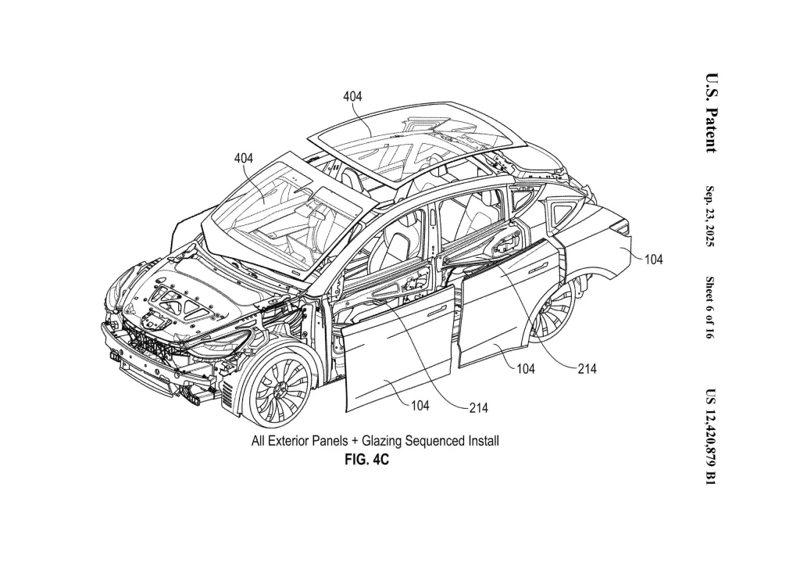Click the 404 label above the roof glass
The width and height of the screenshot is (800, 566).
click(x=352, y=96)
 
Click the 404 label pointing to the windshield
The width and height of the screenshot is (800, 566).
click(x=244, y=158)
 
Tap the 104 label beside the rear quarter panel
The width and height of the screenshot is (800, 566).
click(x=654, y=260)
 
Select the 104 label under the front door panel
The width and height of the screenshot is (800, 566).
click(x=420, y=406)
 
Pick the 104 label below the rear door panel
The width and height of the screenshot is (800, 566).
click(x=526, y=368)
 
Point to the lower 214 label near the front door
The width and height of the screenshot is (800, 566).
click(x=479, y=408)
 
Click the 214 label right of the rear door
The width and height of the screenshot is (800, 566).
click(x=587, y=368)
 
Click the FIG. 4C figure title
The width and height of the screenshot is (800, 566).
click(x=367, y=460)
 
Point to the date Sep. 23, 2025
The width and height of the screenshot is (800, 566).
click(x=710, y=216)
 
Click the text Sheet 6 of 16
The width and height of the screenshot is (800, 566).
click(x=709, y=308)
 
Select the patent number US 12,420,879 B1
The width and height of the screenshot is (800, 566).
click(x=711, y=437)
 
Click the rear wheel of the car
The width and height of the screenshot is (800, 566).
click(x=554, y=309)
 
